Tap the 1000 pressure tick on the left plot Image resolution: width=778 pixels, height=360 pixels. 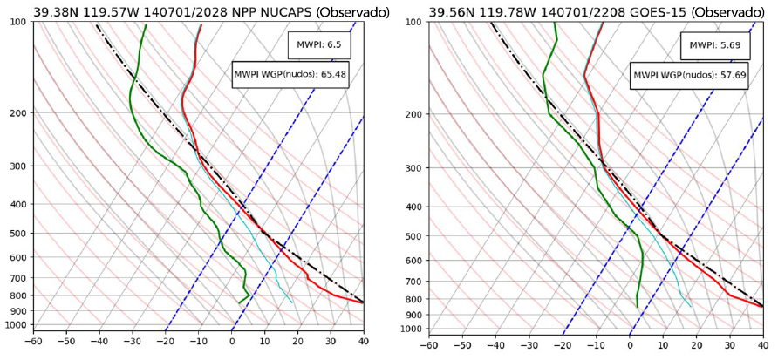coord(12,325)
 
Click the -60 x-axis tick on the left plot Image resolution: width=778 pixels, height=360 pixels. coord(34,343)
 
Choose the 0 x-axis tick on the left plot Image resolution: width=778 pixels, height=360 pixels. coord(233,343)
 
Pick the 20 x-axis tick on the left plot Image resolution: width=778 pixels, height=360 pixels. coord(298,343)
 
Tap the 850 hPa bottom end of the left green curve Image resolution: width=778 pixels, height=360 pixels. coord(239,303)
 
